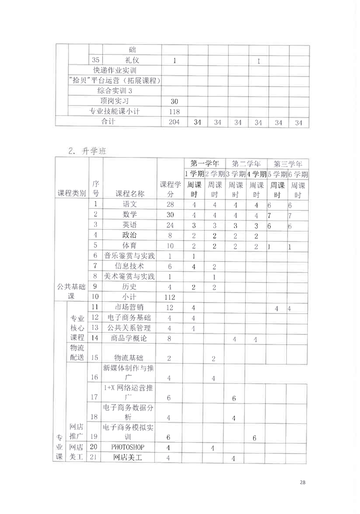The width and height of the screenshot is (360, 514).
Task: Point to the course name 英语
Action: (130, 225)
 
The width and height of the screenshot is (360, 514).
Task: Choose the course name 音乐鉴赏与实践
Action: (130, 256)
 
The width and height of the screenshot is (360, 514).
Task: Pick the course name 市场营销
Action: (130, 307)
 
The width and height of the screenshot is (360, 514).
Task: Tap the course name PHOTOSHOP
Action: (130, 447)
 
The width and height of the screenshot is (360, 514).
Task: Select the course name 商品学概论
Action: (130, 338)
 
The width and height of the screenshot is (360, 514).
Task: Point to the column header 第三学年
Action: (288, 163)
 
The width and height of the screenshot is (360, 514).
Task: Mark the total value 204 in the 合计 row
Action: (174, 122)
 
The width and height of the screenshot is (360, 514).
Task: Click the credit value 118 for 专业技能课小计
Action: (174, 111)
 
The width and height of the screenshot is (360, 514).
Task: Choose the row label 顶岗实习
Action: (115, 101)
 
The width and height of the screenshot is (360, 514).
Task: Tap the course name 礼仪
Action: (130, 60)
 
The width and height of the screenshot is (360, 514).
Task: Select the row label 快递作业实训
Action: (115, 70)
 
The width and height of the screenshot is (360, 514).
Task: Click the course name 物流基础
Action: (130, 358)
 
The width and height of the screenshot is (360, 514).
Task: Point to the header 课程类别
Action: (71, 193)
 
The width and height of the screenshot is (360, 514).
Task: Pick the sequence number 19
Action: (95, 436)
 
